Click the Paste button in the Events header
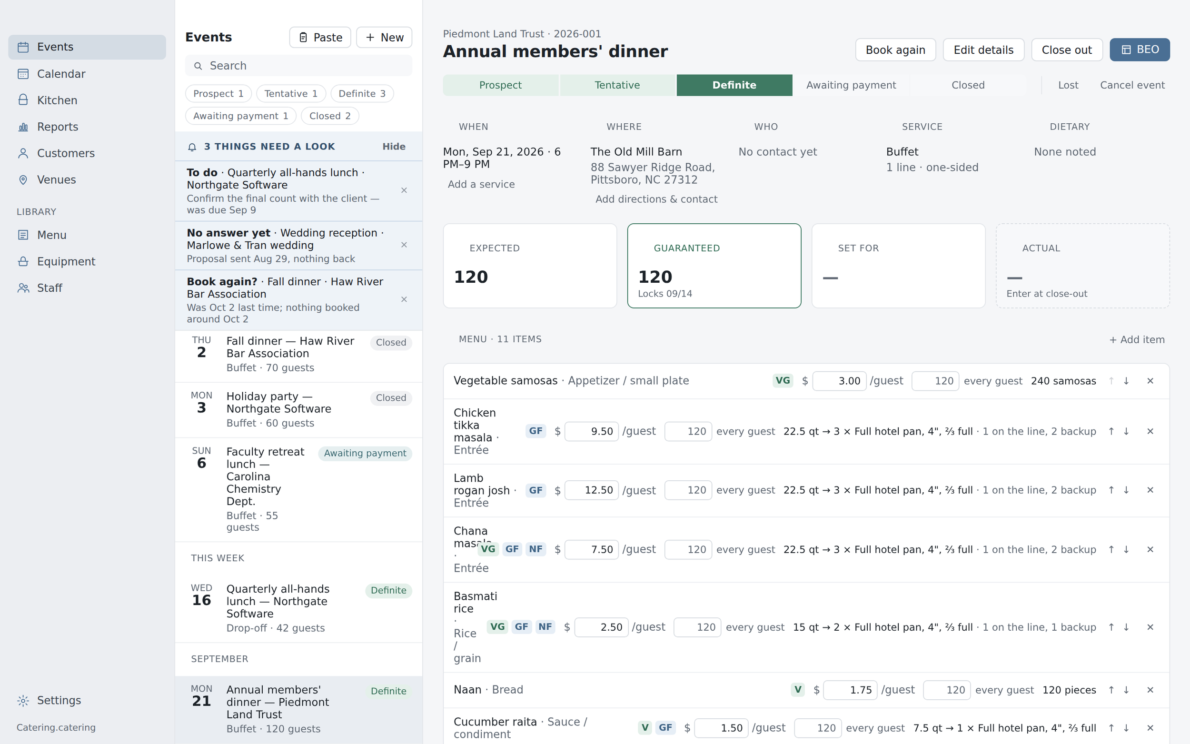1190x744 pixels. click(320, 38)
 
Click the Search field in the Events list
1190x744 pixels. click(298, 65)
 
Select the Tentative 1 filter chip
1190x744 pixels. click(291, 93)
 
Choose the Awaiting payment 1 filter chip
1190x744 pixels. click(240, 116)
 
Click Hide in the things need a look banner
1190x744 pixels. click(394, 147)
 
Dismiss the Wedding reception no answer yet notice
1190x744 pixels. click(404, 245)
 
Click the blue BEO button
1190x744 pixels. click(1140, 50)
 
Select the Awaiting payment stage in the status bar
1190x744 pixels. click(851, 85)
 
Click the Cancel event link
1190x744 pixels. click(1132, 85)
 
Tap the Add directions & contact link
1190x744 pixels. click(656, 199)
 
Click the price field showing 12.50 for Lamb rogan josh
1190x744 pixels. click(591, 490)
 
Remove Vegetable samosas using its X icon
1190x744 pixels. click(1150, 381)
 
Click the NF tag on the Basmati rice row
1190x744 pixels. click(545, 627)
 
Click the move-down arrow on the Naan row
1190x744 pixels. click(1126, 690)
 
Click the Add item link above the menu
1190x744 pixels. click(1137, 339)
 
